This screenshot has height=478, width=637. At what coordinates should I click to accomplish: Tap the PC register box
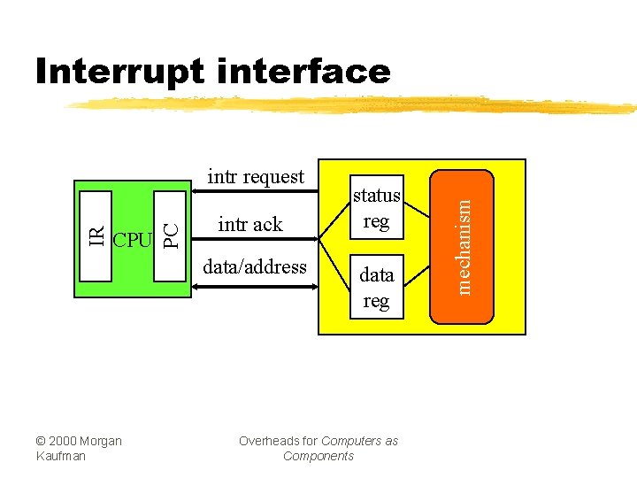click(173, 235)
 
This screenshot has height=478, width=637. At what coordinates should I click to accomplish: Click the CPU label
click(134, 240)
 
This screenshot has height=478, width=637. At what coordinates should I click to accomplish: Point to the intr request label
click(255, 177)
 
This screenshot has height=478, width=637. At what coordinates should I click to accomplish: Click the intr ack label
click(250, 225)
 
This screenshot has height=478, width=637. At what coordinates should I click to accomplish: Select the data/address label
click(255, 266)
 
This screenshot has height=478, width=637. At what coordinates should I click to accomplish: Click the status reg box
click(376, 207)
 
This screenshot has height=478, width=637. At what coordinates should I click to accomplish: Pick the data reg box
click(376, 288)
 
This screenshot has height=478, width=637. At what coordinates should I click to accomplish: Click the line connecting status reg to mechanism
click(417, 207)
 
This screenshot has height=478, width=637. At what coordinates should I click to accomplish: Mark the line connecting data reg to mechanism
click(417, 288)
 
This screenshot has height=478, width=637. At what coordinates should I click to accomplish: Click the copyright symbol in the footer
click(42, 441)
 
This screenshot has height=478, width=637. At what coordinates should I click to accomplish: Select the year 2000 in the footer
click(65, 441)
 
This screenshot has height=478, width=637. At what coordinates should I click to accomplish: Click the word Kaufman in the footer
click(61, 456)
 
